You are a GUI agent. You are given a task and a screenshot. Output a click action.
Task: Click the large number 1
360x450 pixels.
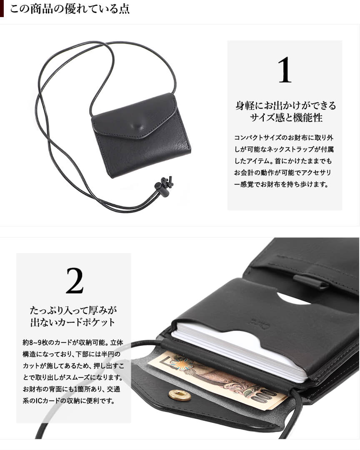click(x=285, y=70)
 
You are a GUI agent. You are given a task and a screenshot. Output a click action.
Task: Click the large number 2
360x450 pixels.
click(x=75, y=281)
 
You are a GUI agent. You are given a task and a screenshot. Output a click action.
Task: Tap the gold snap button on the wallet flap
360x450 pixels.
click(x=180, y=395)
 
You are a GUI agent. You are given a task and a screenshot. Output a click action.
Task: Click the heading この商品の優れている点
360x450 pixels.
click(x=70, y=9)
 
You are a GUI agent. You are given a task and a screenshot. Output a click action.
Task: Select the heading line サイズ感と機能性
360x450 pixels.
click(x=286, y=117)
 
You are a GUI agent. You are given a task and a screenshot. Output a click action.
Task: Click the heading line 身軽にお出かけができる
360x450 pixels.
click(x=286, y=105)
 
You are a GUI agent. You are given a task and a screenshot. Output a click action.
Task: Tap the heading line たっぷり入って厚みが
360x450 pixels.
click(x=74, y=310)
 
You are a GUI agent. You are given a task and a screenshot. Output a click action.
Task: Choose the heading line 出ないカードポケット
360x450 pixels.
click(x=73, y=322)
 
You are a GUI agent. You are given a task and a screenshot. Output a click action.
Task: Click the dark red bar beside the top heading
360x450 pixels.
click(x=2, y=9)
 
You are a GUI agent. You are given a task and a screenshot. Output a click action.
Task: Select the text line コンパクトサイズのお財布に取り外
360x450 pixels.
click(x=284, y=137)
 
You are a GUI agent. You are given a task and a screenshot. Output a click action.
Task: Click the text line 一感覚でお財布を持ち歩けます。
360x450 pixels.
click(x=282, y=184)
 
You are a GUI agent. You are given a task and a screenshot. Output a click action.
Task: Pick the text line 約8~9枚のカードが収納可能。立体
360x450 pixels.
click(x=73, y=342)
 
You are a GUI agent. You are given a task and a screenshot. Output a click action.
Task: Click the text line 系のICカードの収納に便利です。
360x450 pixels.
click(x=69, y=400)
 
